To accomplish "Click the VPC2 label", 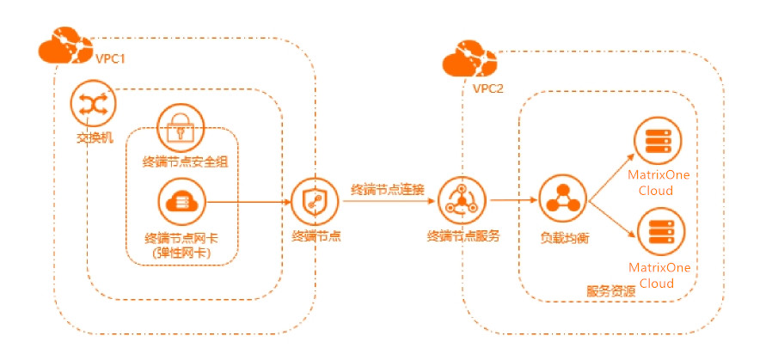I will (x=487, y=88).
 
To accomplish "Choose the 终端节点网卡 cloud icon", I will (x=179, y=202).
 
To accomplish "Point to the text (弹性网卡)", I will (x=180, y=253).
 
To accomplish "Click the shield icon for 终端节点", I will (x=312, y=202).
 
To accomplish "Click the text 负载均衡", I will (x=562, y=235).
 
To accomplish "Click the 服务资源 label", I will (x=611, y=290).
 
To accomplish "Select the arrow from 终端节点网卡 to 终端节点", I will (x=249, y=202).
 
